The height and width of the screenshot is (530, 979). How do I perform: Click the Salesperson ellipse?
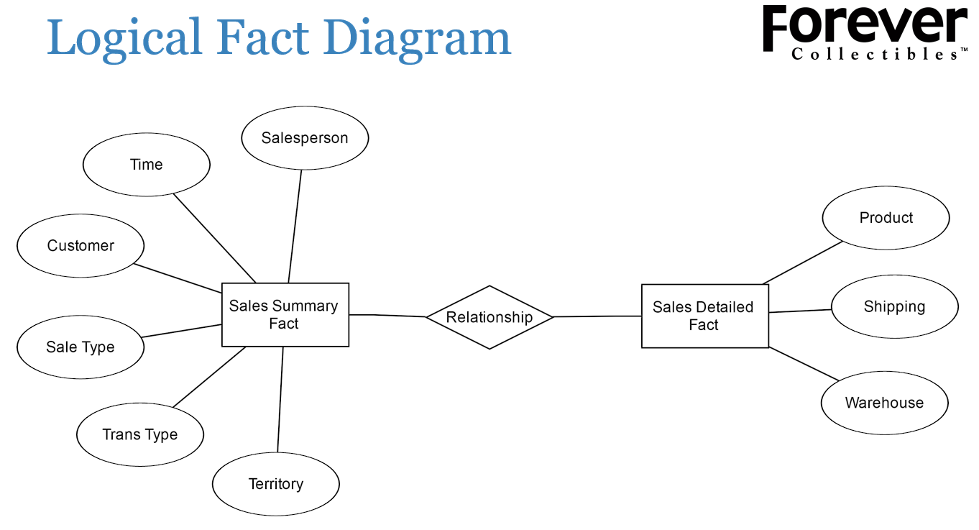(x=305, y=138)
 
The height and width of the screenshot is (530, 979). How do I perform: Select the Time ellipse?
(x=147, y=165)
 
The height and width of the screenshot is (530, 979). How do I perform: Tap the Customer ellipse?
(x=81, y=246)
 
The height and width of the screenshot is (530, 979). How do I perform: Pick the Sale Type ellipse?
(x=81, y=347)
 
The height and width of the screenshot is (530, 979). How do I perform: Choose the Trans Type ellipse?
(x=140, y=434)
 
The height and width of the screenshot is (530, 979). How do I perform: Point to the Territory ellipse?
(x=276, y=484)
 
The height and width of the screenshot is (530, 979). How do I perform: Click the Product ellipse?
(x=886, y=218)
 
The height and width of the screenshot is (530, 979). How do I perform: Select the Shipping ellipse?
(x=894, y=307)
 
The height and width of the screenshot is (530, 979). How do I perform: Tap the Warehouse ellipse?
(x=884, y=403)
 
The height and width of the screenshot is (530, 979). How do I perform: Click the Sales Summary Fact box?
(x=285, y=315)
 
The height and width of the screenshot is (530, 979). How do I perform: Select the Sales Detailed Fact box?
(x=704, y=316)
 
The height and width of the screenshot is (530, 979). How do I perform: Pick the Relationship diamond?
(x=489, y=317)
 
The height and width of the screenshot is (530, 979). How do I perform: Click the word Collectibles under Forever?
(x=873, y=55)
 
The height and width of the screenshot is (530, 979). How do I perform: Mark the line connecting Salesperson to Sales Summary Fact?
(x=295, y=227)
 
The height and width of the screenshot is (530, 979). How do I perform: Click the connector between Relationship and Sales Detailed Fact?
(x=597, y=316)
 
